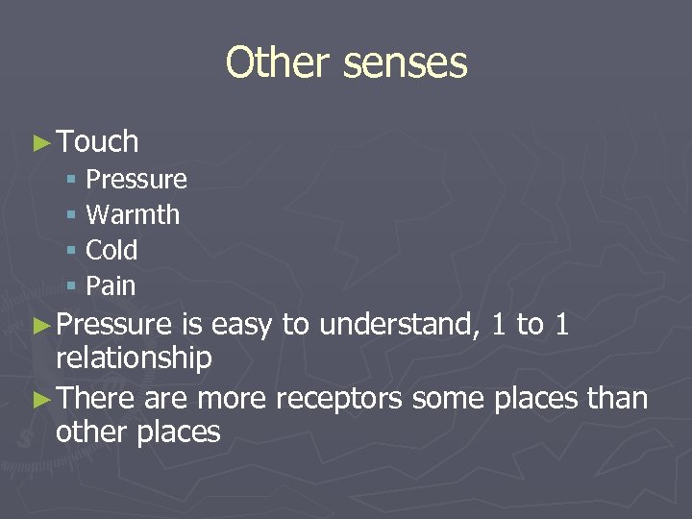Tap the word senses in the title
(x=405, y=63)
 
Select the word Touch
(x=98, y=142)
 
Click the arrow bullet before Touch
(x=40, y=143)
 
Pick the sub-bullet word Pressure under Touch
(x=136, y=180)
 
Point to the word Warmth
(x=133, y=214)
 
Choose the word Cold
(x=111, y=250)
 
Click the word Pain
(x=111, y=285)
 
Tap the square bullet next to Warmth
(x=71, y=215)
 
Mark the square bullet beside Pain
(x=71, y=286)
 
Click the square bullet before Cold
(x=71, y=251)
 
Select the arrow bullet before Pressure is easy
(x=40, y=326)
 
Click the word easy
(x=242, y=326)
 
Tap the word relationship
(x=134, y=358)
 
